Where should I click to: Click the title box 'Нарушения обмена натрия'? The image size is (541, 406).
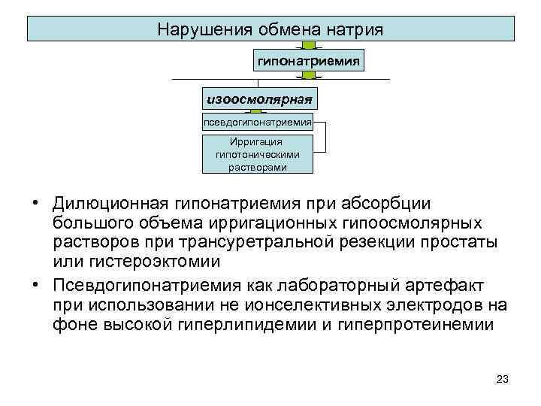click(270, 29)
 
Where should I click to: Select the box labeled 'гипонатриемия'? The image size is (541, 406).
click(308, 59)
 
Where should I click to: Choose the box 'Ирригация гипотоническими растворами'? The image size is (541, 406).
click(258, 154)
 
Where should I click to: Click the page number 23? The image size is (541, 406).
click(503, 379)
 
